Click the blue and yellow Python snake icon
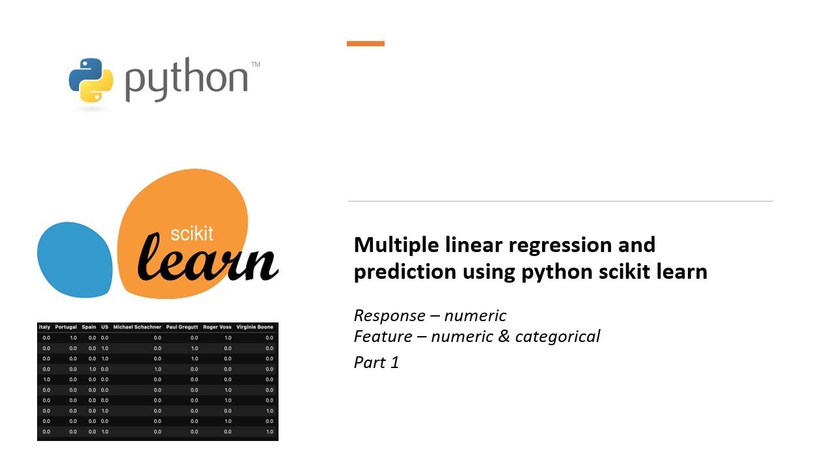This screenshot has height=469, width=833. coord(90,80)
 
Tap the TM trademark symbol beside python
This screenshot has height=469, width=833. coord(256,64)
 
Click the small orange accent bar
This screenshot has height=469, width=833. coord(366,44)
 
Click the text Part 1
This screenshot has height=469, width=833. coord(376,362)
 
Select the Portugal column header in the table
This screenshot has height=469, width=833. coord(66,327)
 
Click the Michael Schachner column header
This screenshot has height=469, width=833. coord(137,327)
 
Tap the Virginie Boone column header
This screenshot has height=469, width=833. coord(254,327)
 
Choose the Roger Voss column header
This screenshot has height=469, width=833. coord(217,327)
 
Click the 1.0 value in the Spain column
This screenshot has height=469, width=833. coord(92,369)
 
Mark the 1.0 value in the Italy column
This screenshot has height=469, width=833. coord(46,379)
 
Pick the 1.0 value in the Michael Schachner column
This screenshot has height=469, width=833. coord(157,369)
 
